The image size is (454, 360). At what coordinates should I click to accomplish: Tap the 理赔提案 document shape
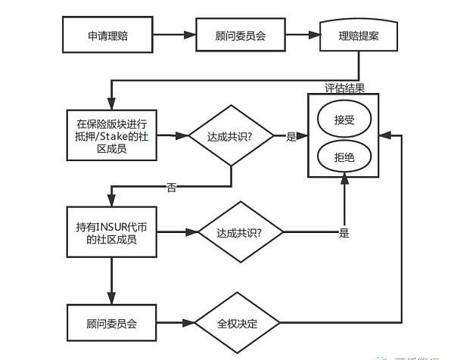359,36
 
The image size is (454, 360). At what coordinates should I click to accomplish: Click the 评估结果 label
345,88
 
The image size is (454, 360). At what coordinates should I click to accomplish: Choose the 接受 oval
345,119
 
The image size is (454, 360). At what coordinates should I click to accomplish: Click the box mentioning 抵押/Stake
112,136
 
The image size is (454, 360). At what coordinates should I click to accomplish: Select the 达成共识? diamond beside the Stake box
230,136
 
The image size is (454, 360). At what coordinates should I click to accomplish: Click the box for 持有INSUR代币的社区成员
112,232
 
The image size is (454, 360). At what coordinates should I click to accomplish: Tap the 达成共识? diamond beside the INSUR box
240,232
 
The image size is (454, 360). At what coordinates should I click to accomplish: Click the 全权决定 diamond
238,323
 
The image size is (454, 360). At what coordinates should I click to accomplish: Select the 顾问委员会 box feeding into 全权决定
112,323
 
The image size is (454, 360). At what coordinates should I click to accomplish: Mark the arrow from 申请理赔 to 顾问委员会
176,36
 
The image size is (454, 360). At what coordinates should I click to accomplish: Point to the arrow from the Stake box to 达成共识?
176,136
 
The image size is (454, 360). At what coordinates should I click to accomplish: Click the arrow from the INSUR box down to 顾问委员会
112,281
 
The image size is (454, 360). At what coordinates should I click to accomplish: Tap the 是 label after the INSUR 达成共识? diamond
344,233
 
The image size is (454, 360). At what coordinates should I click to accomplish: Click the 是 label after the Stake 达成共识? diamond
291,137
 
